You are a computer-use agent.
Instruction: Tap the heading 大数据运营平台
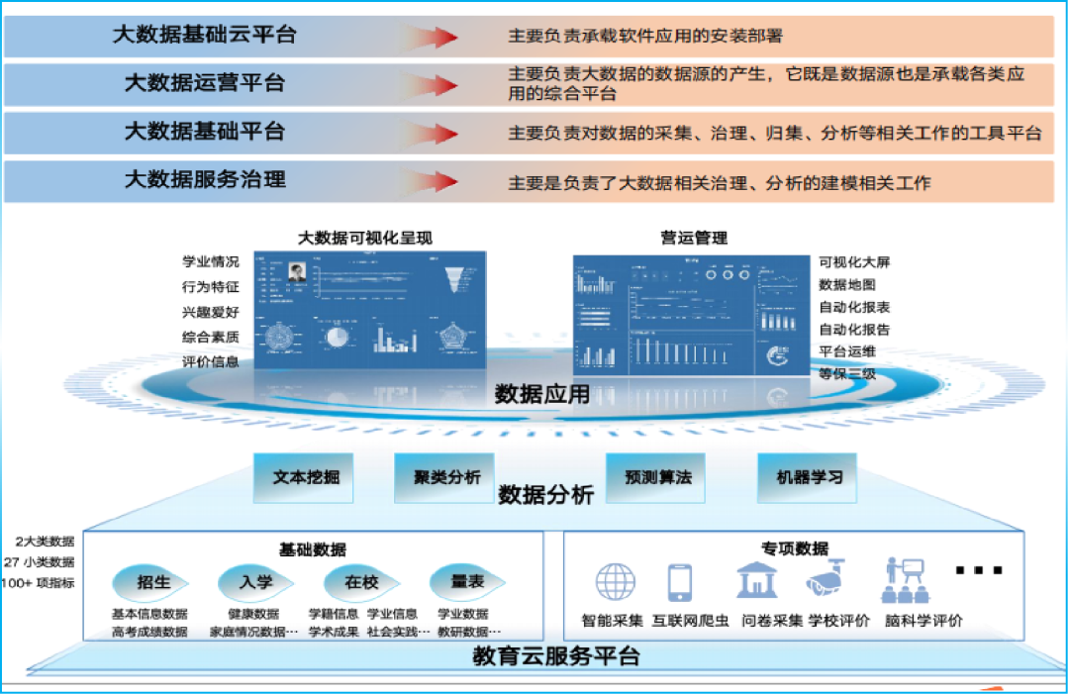204,83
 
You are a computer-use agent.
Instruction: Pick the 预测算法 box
658,477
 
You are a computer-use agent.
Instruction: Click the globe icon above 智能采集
616,582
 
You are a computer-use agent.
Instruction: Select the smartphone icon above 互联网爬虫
680,582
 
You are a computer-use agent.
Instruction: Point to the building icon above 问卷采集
757,580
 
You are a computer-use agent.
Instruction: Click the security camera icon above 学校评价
826,580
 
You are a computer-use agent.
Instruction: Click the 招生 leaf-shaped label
149,582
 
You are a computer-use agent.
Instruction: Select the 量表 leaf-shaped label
466,582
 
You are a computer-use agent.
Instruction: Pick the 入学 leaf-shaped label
255,582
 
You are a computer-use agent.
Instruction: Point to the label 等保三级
847,374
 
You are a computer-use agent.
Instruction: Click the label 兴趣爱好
210,312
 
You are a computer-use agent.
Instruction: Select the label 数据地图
847,284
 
